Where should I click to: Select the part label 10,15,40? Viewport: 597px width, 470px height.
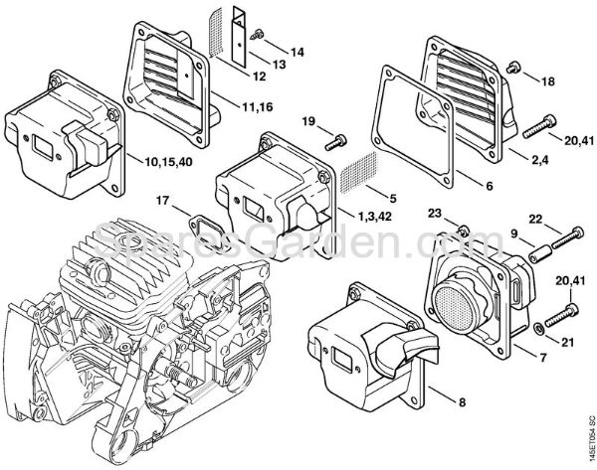click(x=169, y=159)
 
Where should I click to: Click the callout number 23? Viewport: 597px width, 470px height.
click(x=434, y=211)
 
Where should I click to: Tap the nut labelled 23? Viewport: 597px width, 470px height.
click(x=463, y=233)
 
